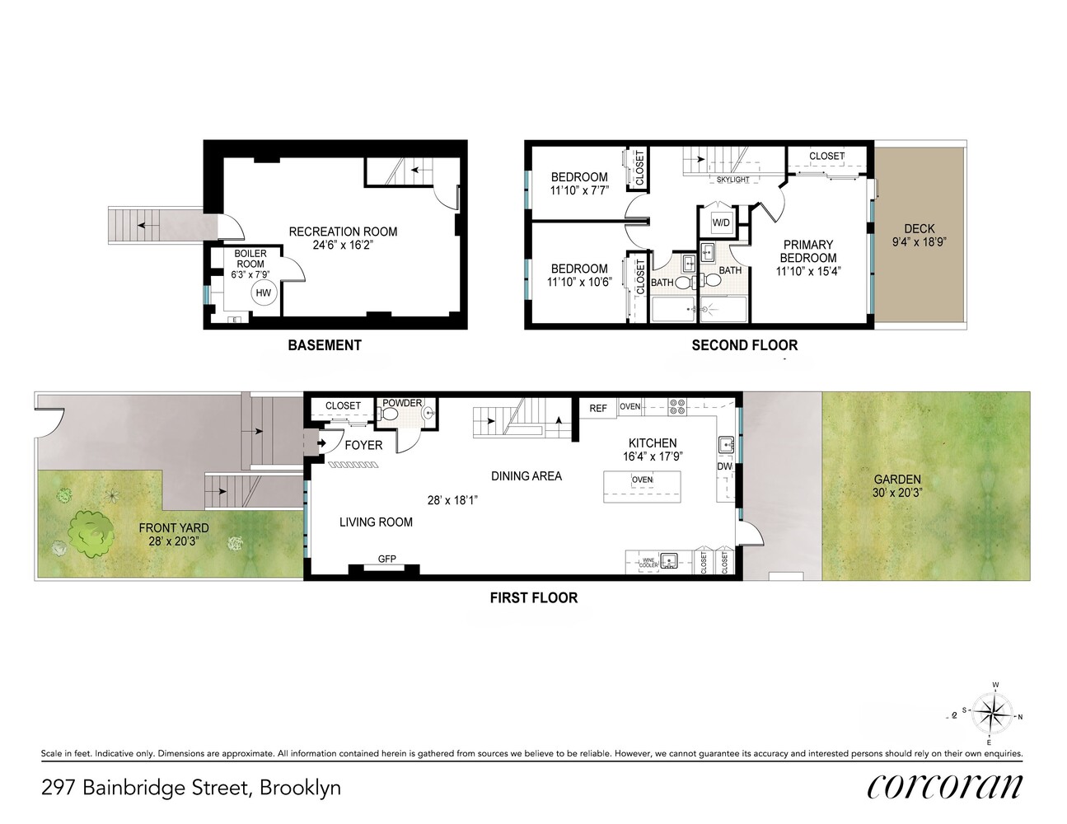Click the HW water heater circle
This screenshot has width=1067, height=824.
(x=263, y=293)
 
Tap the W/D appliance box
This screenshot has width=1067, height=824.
(x=721, y=222)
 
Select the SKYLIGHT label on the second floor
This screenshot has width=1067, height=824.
(x=732, y=180)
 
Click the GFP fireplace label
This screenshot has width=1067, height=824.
(x=387, y=559)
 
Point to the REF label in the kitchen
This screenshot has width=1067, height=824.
(x=598, y=408)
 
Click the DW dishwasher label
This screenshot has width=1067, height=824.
(x=724, y=466)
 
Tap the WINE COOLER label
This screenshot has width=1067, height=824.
(x=648, y=562)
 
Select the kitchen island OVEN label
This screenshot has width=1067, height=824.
(x=642, y=480)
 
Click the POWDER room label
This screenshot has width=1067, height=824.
(x=402, y=403)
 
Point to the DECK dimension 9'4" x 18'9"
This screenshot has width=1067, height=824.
(x=919, y=242)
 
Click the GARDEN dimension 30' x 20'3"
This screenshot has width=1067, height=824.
(x=897, y=493)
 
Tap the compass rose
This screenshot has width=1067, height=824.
(x=994, y=713)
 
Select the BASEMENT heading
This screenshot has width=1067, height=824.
(x=325, y=345)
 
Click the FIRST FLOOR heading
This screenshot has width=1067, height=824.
(x=533, y=597)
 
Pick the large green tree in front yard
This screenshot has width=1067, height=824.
(x=91, y=532)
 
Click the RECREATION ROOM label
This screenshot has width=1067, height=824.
(x=343, y=232)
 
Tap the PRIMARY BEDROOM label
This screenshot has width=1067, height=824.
(x=808, y=250)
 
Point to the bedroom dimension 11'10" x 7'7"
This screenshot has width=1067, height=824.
(x=579, y=191)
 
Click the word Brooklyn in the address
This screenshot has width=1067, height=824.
(x=300, y=788)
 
